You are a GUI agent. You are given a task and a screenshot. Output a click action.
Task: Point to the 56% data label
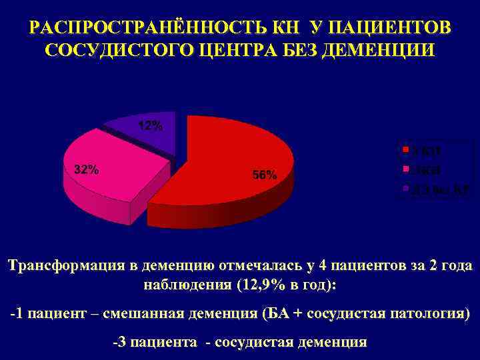265,175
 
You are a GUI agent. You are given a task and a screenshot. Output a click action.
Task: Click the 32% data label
87,169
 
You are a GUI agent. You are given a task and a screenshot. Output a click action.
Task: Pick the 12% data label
151,126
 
